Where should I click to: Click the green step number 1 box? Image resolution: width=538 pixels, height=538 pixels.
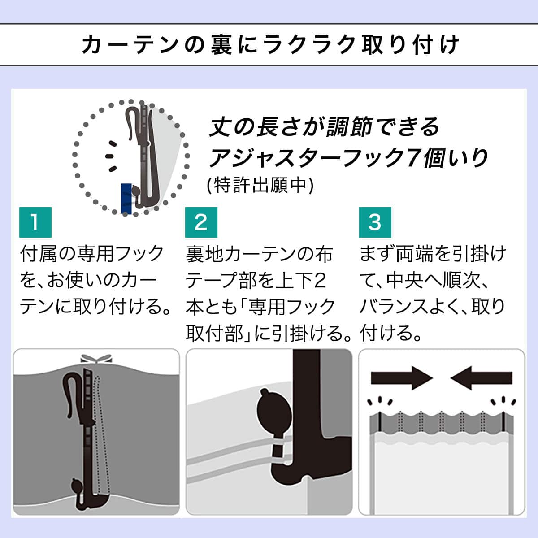click(x=35, y=222)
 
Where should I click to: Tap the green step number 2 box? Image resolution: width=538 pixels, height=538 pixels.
click(x=201, y=222)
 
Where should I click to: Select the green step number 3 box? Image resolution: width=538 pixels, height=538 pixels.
click(x=375, y=222)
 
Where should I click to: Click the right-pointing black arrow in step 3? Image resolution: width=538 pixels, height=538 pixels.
click(x=401, y=378)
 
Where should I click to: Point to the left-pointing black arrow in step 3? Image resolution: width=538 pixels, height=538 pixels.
click(x=482, y=378)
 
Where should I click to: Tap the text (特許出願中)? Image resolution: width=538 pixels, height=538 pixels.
click(x=260, y=185)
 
